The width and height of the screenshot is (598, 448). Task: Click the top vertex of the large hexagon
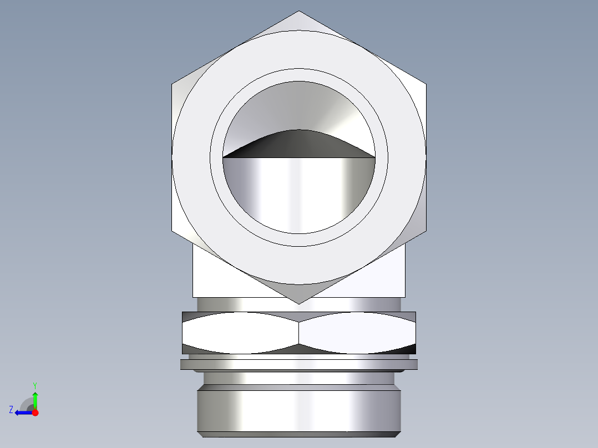[x=299, y=12]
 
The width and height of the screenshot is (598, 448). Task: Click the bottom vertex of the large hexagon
[x=299, y=303]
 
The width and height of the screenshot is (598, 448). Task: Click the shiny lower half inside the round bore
[x=298, y=191]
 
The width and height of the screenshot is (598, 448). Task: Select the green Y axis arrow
[x=35, y=398]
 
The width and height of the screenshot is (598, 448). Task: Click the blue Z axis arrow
[x=22, y=413]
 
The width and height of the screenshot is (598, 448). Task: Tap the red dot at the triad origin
[x=35, y=413]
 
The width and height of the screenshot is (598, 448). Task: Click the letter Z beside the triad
[x=11, y=410]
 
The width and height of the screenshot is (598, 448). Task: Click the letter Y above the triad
[x=35, y=385]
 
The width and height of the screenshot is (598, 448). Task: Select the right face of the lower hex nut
[x=358, y=333]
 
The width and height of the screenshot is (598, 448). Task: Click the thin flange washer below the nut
[x=299, y=364]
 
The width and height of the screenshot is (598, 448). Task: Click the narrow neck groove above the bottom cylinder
[x=299, y=379]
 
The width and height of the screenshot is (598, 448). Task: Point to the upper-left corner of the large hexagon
[x=173, y=85]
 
